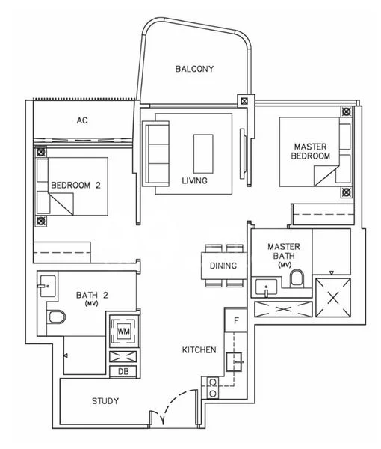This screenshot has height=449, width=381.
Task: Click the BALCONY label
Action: coord(194,69)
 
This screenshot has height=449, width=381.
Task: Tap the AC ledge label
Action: coord(83,120)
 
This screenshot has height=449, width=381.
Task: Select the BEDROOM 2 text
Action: coord(75,186)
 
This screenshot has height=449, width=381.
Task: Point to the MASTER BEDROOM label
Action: coord(312,151)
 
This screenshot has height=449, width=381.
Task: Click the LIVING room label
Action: coord(194,180)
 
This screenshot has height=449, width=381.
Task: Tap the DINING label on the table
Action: coord(223,266)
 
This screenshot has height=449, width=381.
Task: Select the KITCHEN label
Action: coord(199,349)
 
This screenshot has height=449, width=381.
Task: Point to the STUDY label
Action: coord(105,401)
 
